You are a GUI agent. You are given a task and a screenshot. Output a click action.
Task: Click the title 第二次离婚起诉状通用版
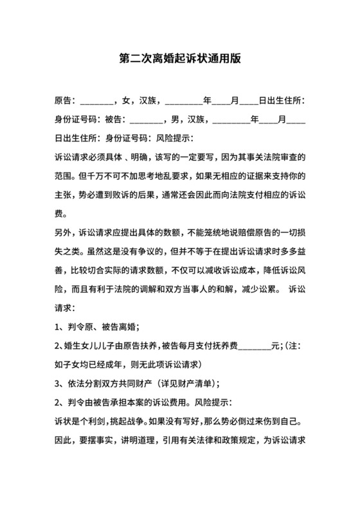click(179, 58)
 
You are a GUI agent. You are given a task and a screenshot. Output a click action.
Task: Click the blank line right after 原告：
click(96, 101)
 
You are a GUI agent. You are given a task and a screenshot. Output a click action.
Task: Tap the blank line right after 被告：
click(147, 120)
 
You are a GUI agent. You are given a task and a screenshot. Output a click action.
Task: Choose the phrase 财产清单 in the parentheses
click(195, 384)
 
